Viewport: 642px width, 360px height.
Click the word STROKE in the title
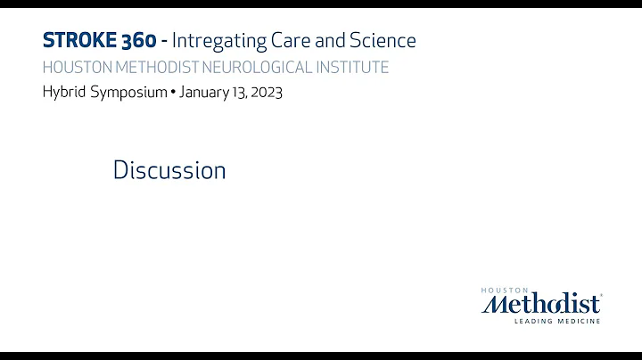(78, 40)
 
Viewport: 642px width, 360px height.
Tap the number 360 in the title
(139, 40)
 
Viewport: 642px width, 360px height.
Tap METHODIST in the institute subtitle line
(164, 68)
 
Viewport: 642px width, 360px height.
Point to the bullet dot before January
(173, 93)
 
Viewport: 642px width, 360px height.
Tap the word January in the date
(204, 93)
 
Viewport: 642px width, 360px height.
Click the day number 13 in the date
(241, 93)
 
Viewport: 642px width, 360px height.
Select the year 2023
(267, 93)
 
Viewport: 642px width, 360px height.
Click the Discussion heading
(169, 169)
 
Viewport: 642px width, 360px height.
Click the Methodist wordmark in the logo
(541, 304)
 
